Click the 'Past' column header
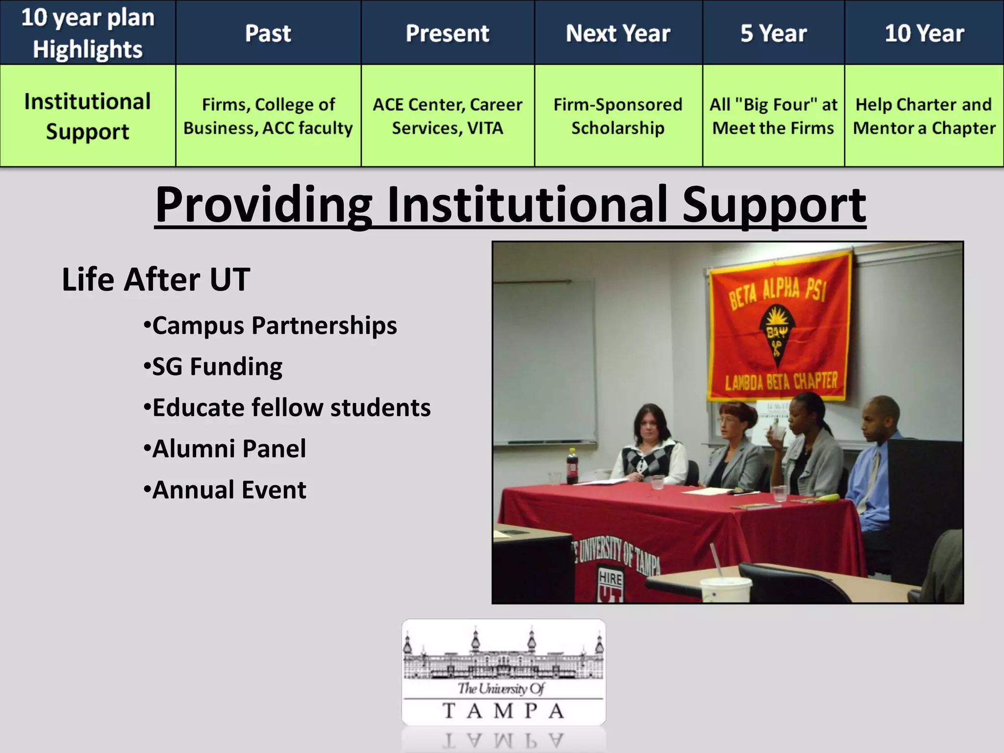(x=268, y=33)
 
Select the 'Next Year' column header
(x=618, y=33)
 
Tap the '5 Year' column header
(x=773, y=33)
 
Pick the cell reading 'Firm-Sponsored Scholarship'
(x=618, y=116)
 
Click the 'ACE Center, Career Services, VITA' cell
(x=447, y=116)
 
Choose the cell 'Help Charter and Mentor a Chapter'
(x=924, y=116)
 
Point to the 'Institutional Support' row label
(x=87, y=116)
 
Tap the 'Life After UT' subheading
(x=156, y=279)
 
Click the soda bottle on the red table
(x=572, y=466)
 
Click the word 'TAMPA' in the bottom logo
(x=503, y=710)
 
